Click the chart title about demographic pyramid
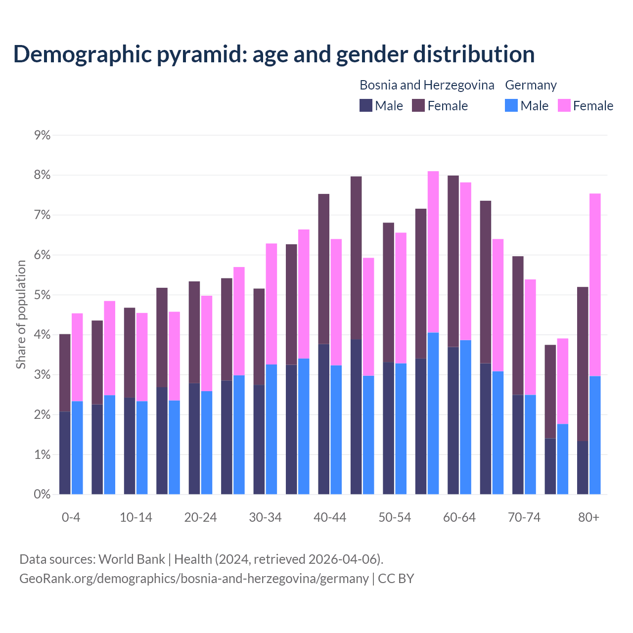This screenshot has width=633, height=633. click(x=274, y=54)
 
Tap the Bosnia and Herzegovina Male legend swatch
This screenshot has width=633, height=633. click(x=366, y=105)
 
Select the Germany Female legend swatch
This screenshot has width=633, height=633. click(x=564, y=105)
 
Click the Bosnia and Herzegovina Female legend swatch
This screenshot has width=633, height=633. click(x=418, y=105)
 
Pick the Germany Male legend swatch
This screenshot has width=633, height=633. click(x=511, y=105)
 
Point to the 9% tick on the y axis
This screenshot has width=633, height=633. click(x=43, y=135)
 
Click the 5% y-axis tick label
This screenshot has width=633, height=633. click(x=43, y=295)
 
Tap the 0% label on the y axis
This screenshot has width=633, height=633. click(x=43, y=494)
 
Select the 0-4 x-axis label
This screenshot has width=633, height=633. click(x=71, y=517)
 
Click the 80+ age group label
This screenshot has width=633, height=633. click(x=588, y=517)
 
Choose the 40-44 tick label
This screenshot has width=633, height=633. click(x=330, y=517)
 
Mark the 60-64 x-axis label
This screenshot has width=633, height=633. click(x=459, y=517)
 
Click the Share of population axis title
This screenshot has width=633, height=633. click(x=21, y=315)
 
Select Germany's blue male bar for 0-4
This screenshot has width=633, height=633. click(x=77, y=448)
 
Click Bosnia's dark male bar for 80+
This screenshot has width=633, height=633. click(x=583, y=467)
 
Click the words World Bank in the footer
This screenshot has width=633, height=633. click(x=132, y=559)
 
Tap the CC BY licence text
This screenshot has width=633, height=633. click(x=396, y=579)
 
